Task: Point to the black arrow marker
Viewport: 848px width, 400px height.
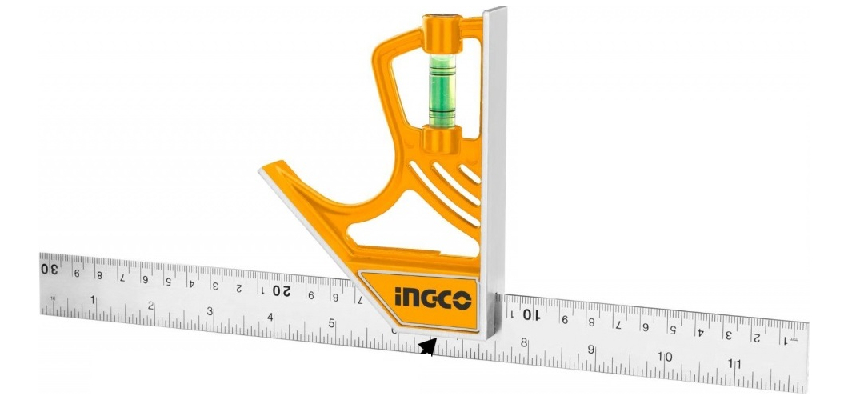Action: point(428,347)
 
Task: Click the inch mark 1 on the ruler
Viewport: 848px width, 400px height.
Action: point(93,301)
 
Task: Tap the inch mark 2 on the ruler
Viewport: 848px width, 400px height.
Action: point(150,306)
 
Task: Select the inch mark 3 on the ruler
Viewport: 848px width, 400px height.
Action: point(210,312)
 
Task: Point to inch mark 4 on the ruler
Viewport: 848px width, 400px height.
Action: point(270,318)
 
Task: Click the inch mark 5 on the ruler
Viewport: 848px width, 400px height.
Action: point(331,324)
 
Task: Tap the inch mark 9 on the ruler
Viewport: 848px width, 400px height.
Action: point(591,350)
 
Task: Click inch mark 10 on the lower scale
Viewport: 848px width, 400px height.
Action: point(664,357)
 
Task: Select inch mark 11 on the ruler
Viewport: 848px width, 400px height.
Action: point(735,364)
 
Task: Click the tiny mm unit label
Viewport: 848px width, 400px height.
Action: point(793,340)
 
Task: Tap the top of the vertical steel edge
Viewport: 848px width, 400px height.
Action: point(495,11)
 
